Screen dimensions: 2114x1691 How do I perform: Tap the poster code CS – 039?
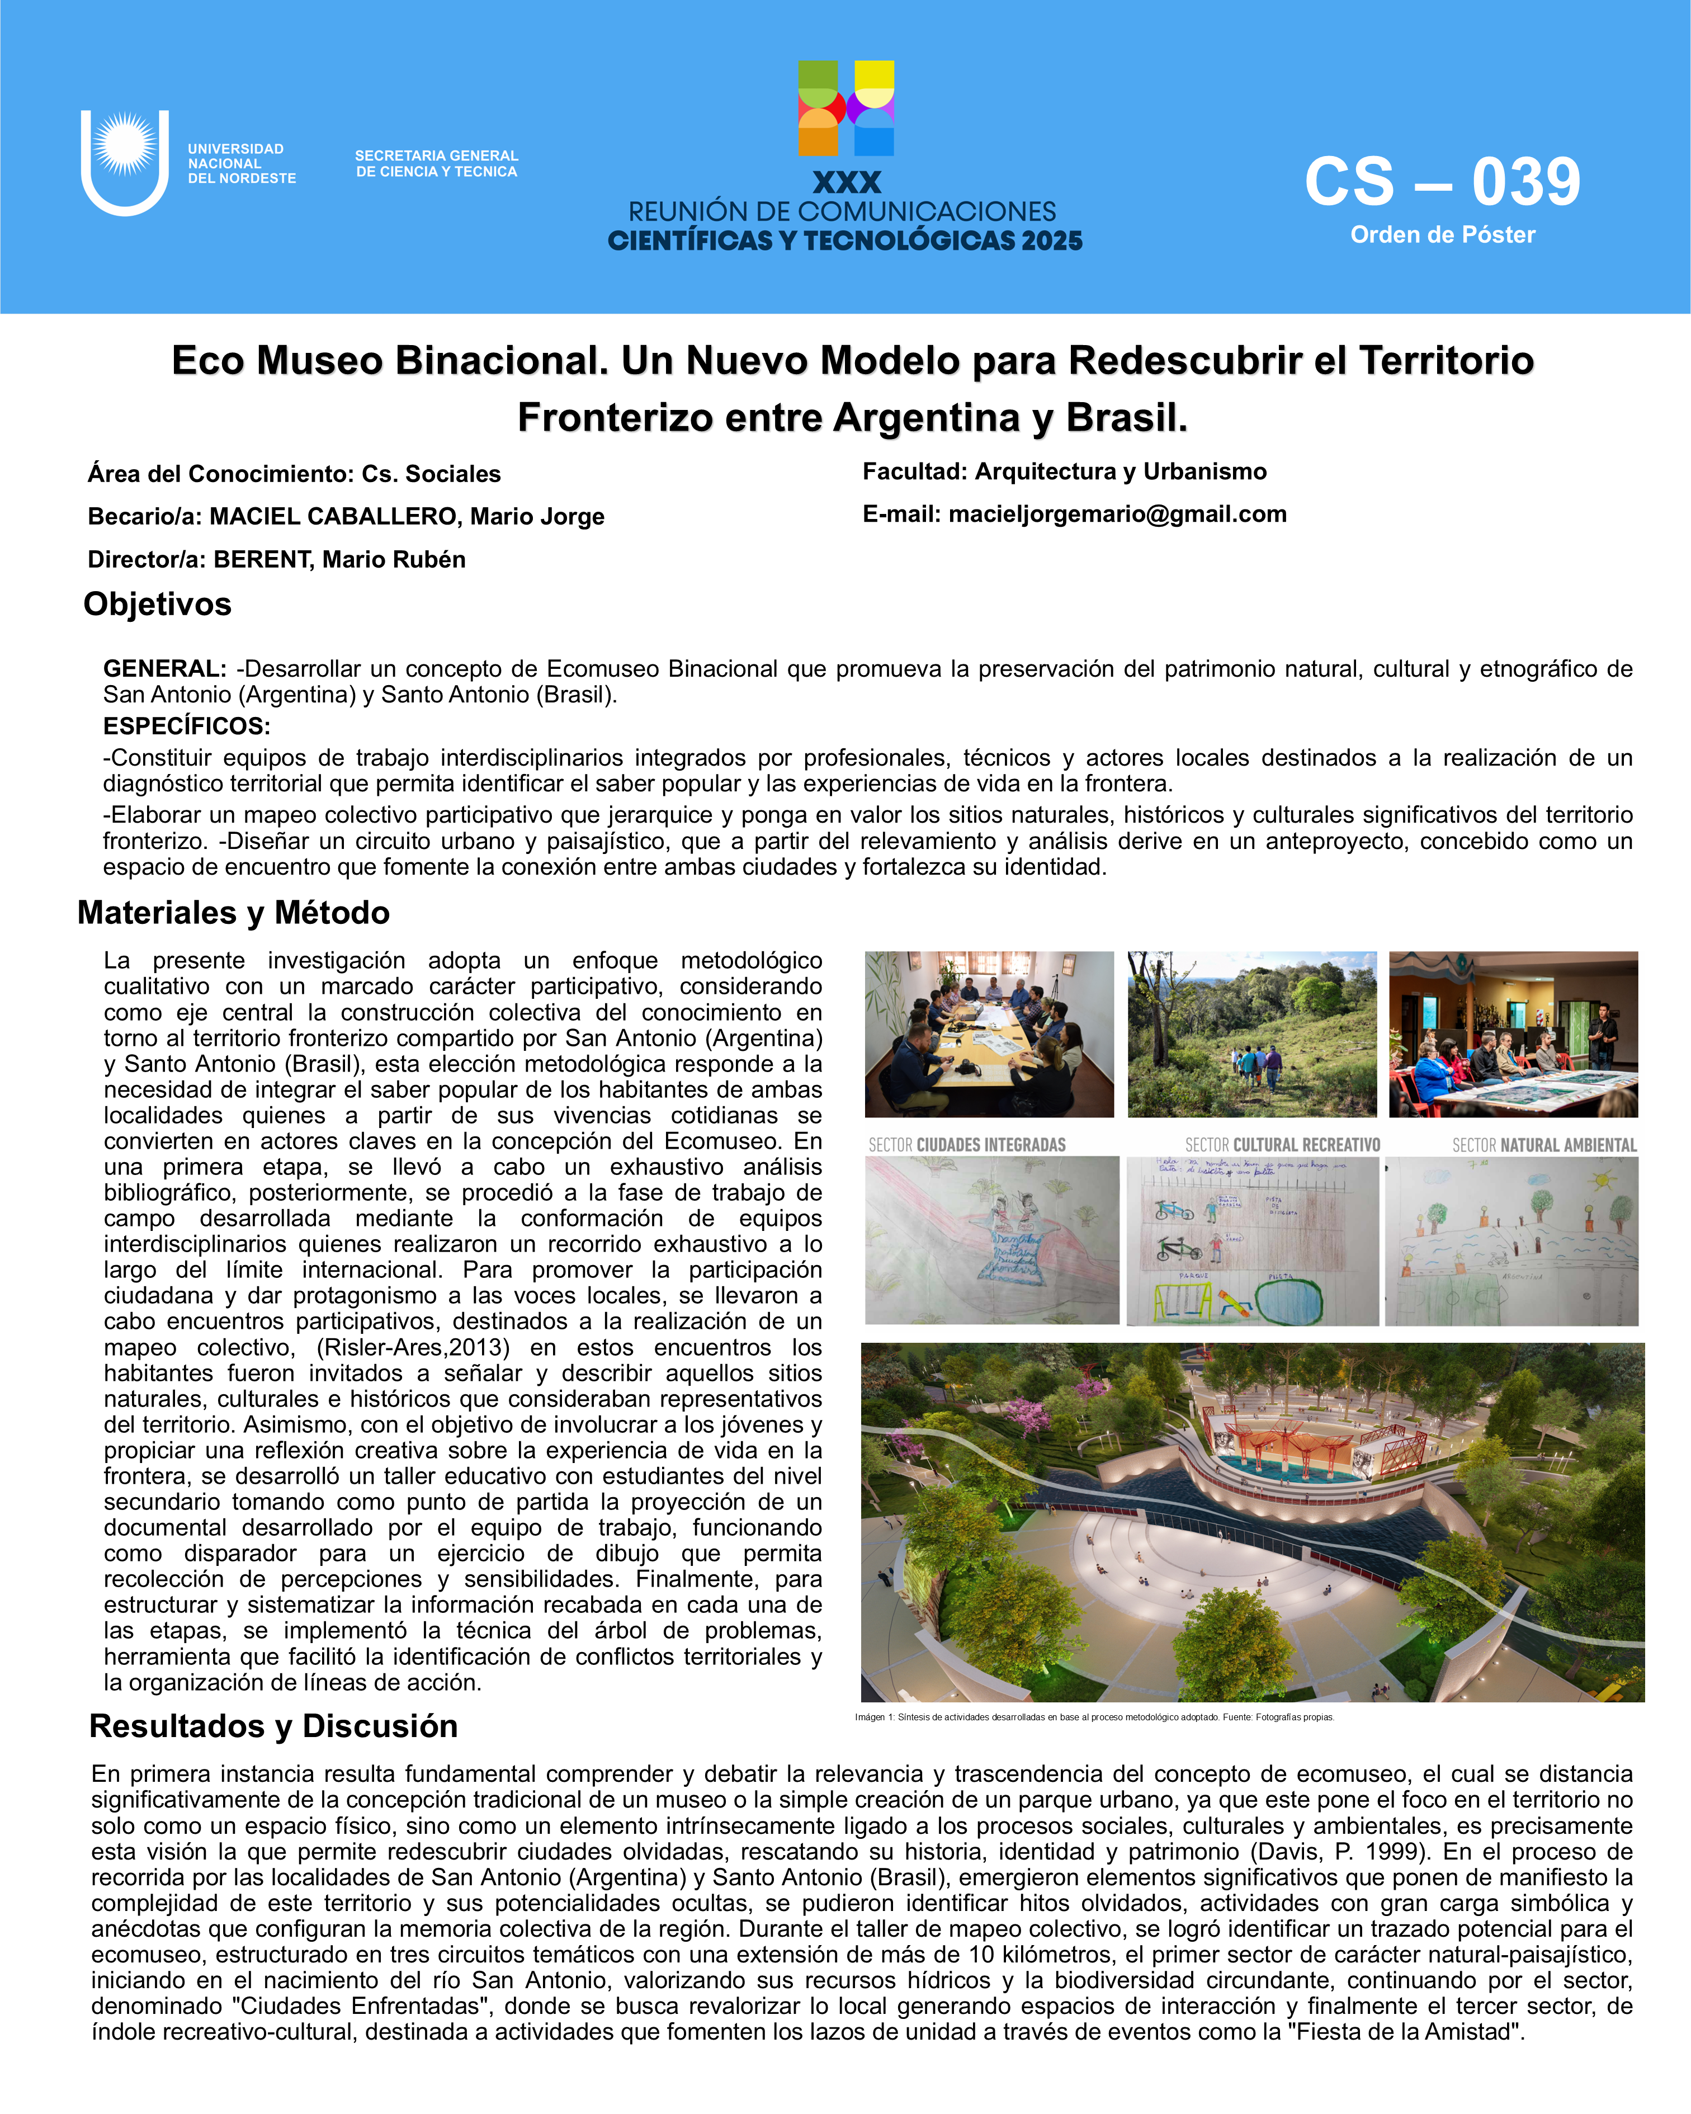pyautogui.click(x=1442, y=182)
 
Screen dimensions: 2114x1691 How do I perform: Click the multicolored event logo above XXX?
pyautogui.click(x=846, y=108)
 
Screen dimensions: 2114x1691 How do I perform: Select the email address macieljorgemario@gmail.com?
pyautogui.click(x=1117, y=514)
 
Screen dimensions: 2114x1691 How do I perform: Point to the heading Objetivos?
pyautogui.click(x=157, y=604)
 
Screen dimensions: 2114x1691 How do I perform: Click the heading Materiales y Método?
pyautogui.click(x=233, y=913)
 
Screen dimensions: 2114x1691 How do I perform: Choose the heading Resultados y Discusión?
pyautogui.click(x=273, y=1726)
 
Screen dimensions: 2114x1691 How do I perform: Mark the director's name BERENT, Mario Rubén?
pyautogui.click(x=339, y=560)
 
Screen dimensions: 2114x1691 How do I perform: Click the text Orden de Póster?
pyautogui.click(x=1442, y=235)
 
